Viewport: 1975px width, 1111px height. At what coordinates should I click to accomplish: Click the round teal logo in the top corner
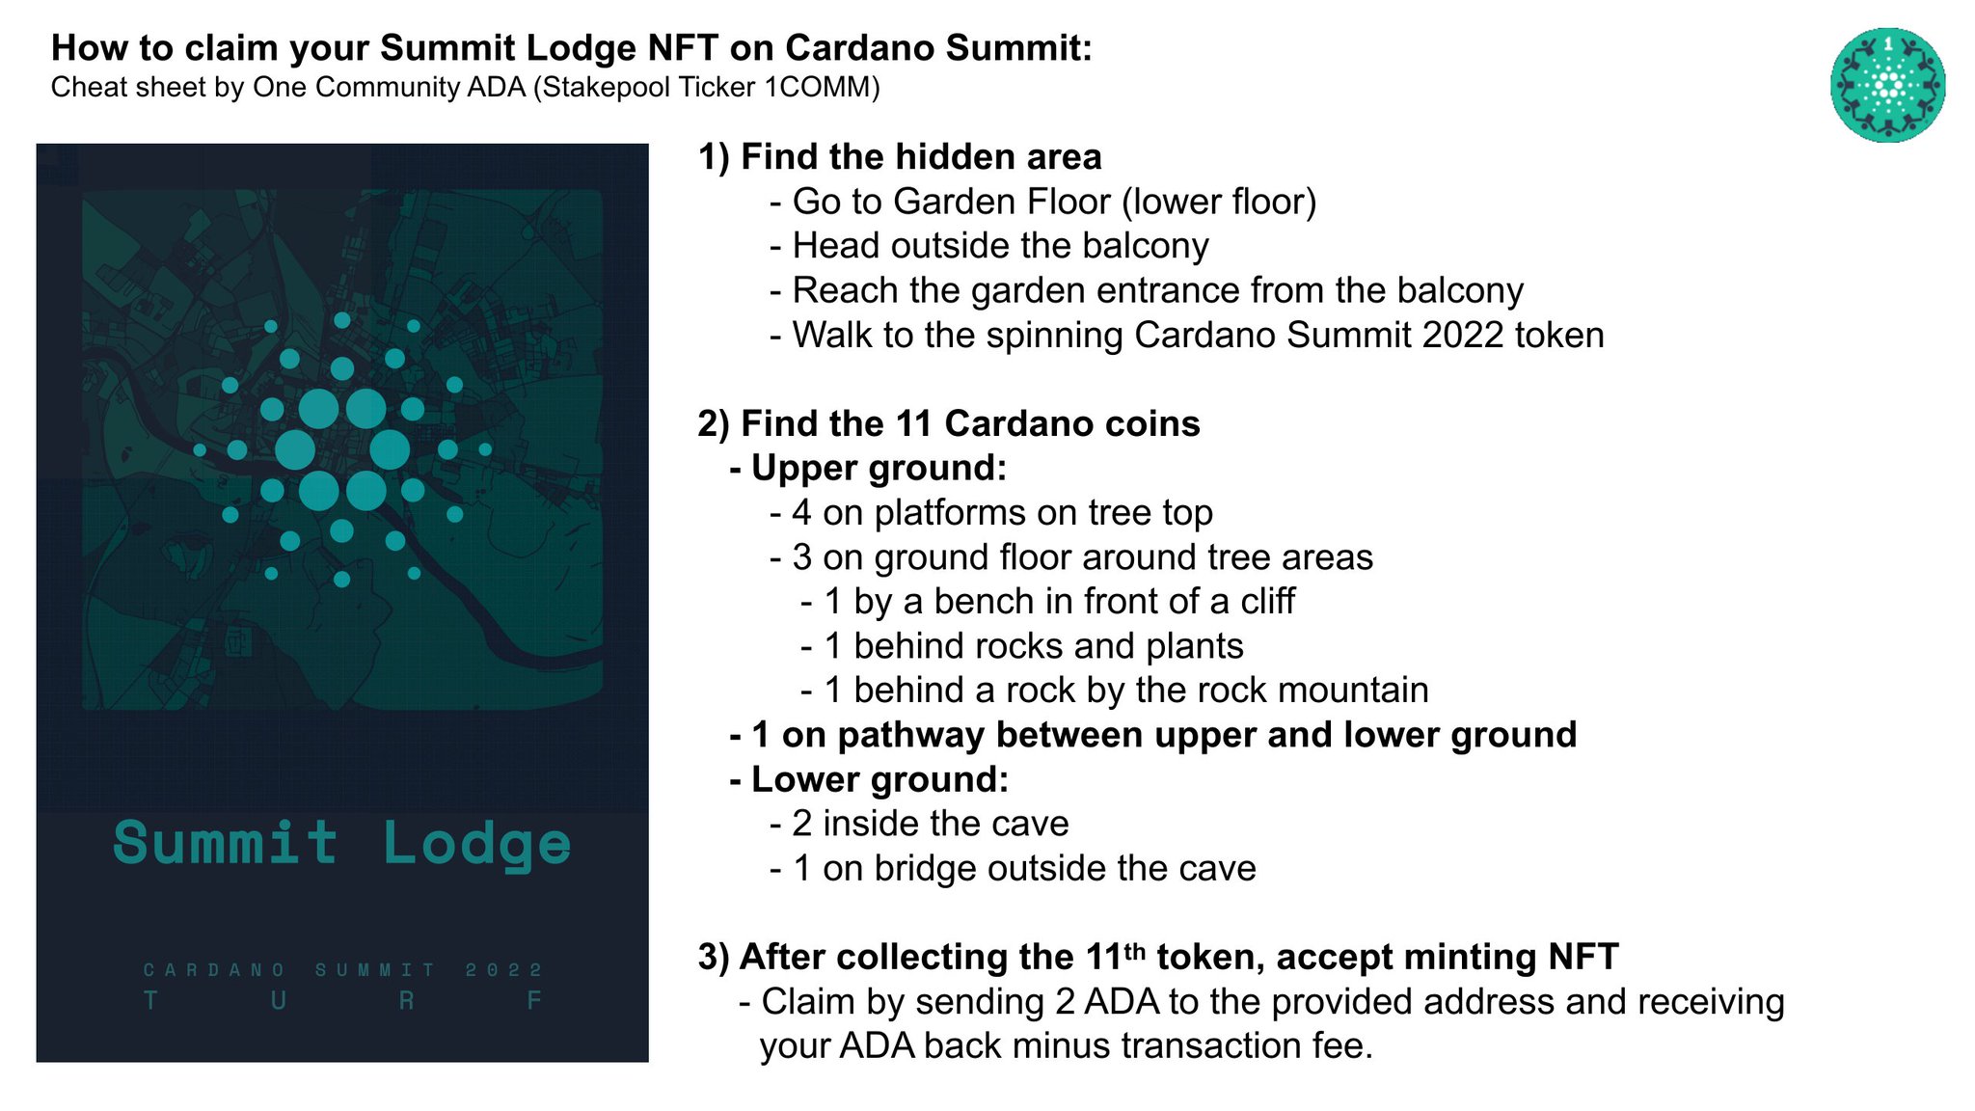point(1887,85)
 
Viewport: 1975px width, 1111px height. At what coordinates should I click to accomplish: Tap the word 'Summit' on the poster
point(226,843)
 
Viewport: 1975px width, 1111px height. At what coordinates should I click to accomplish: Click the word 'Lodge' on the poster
point(476,845)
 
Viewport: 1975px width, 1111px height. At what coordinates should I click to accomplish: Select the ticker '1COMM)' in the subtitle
point(822,88)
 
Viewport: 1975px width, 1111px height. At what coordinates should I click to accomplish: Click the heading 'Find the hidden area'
point(920,157)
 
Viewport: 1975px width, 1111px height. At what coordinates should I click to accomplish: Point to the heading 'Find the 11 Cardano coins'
point(969,423)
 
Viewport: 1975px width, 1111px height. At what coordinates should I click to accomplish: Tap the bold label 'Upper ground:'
point(879,468)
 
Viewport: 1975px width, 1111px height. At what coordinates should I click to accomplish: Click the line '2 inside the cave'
point(930,824)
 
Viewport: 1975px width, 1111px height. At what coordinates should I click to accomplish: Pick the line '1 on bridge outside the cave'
point(1023,868)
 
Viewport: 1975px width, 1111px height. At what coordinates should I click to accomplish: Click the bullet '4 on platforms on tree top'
point(1002,512)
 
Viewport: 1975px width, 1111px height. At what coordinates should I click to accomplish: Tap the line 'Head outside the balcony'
point(1000,246)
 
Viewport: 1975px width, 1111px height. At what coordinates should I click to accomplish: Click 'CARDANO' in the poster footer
point(214,969)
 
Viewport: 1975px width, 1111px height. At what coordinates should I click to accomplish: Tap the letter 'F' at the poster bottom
point(533,1001)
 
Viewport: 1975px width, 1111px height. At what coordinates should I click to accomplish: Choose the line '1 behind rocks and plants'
point(1033,645)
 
